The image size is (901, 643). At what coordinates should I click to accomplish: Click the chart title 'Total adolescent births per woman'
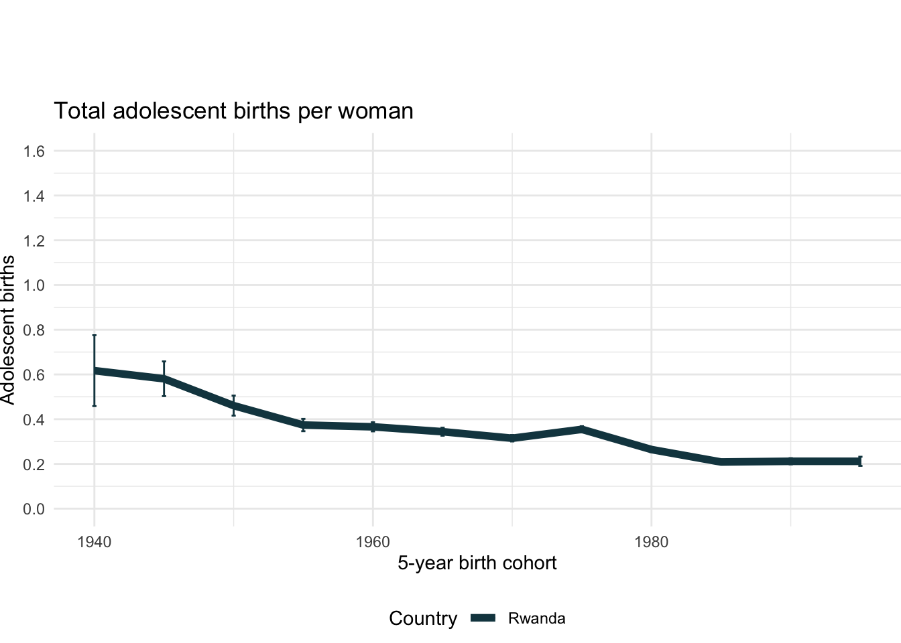coord(233,111)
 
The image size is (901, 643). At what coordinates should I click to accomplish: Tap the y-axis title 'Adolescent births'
coord(8,330)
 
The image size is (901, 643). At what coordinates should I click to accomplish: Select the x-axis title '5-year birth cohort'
coord(477,563)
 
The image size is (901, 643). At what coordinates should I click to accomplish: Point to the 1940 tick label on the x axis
coord(94,542)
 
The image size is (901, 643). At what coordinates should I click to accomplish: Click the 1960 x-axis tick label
coord(373,542)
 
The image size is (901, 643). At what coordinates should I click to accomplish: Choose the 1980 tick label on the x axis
coord(651,542)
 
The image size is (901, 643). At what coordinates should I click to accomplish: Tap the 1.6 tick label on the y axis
coord(34,151)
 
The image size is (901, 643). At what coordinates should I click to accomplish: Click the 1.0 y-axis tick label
coord(34,285)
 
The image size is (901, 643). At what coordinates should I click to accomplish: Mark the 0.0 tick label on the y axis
coord(34,509)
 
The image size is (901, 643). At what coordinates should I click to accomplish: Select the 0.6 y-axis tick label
coord(34,375)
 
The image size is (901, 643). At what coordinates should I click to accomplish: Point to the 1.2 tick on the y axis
coord(34,240)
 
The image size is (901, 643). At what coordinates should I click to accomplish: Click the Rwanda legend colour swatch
coord(483,618)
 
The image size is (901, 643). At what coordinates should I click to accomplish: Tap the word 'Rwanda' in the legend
coord(536,618)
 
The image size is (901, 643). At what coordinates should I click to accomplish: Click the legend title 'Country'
coord(422,618)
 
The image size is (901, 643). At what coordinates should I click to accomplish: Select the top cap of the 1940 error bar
coord(95,335)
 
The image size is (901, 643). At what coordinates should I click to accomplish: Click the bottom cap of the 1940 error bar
coord(95,406)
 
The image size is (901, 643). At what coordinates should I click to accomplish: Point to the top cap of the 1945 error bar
coord(164,361)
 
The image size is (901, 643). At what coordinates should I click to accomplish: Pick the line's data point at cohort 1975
coord(582,429)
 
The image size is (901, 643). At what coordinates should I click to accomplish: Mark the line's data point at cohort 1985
coord(721,462)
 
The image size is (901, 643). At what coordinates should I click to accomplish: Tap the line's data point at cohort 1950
coord(233,406)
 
